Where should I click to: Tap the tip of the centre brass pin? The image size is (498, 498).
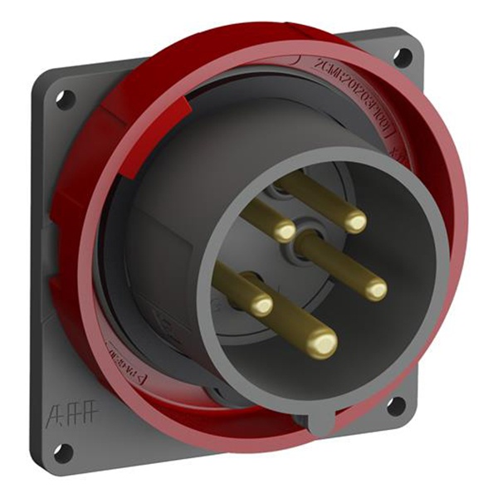[x=375, y=288]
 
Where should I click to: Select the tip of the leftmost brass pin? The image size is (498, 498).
[x=262, y=305]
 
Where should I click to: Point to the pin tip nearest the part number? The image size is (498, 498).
[x=354, y=220]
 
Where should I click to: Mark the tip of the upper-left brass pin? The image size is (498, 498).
[x=284, y=231]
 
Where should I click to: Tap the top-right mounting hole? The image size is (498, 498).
[x=401, y=56]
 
